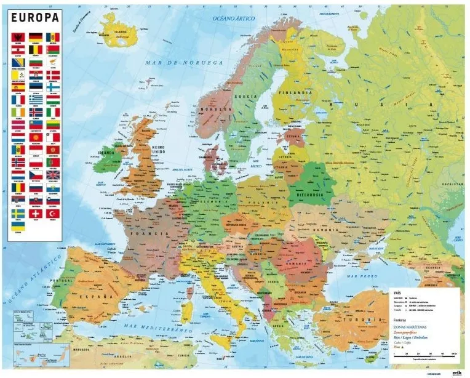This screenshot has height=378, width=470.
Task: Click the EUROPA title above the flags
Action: [x=35, y=17]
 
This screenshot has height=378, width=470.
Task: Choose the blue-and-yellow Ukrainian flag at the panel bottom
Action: [x=18, y=226]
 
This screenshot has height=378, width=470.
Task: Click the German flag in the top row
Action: [x=36, y=37]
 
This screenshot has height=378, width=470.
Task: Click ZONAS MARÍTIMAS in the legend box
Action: [x=409, y=326]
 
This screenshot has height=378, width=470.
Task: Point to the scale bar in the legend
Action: [x=424, y=354]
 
